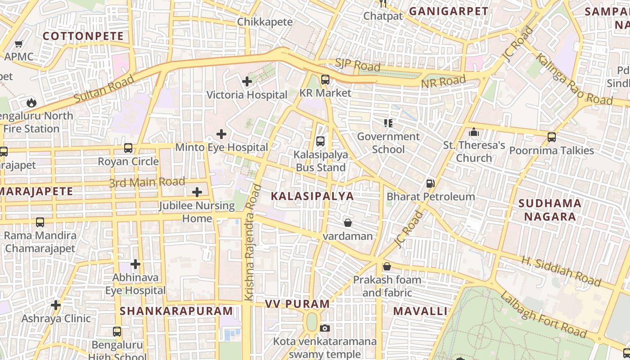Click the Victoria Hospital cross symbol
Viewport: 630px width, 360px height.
(247, 81)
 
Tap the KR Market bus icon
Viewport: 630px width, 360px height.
(325, 80)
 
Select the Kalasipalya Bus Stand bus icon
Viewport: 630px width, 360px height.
(320, 141)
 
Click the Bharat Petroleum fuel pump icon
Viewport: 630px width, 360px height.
(431, 184)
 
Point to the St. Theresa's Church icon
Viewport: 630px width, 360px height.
(473, 132)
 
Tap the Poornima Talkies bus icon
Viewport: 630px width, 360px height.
(551, 137)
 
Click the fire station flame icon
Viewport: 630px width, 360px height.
(31, 103)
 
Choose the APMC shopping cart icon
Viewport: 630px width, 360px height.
(18, 44)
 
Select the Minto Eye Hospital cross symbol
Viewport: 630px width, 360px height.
(221, 134)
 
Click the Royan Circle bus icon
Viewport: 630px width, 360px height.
(128, 148)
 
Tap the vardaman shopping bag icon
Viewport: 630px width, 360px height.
(347, 223)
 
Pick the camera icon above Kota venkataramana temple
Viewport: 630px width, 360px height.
(324, 328)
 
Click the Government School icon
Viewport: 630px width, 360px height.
(388, 123)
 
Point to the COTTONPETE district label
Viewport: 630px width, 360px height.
(83, 36)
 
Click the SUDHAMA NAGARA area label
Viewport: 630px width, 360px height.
(549, 210)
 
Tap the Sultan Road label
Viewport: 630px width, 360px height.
(104, 89)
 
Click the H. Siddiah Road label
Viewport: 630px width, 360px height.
(561, 271)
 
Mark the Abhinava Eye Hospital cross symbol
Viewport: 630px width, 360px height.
(135, 264)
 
